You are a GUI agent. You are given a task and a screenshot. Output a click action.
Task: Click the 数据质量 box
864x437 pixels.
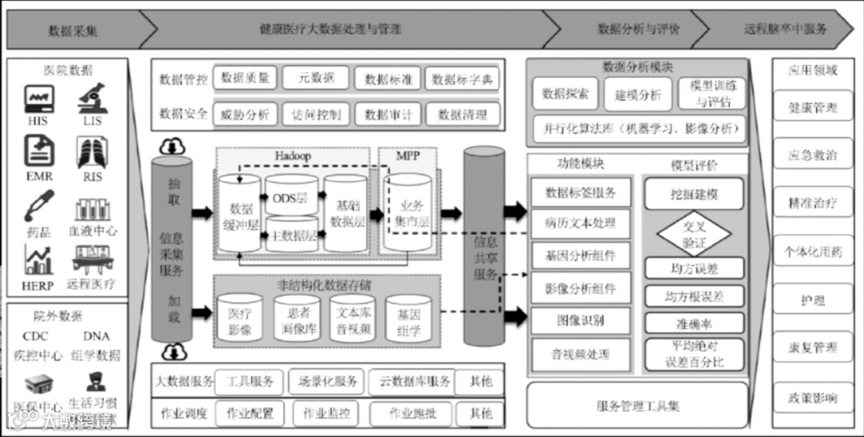click(246, 78)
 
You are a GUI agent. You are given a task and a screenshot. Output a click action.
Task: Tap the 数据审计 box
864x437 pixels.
click(387, 114)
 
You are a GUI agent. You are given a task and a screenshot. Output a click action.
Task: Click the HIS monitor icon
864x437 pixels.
click(38, 99)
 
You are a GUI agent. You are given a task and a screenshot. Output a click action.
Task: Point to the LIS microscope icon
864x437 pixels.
click(90, 99)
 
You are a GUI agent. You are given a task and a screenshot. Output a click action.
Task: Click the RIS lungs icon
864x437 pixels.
click(91, 152)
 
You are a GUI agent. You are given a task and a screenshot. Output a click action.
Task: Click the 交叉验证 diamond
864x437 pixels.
click(694, 233)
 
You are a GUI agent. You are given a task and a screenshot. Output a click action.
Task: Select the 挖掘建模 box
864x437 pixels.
click(694, 194)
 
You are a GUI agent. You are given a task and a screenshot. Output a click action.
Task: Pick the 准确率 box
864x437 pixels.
click(694, 323)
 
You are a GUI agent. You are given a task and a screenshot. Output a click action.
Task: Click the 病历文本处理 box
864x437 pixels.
click(580, 223)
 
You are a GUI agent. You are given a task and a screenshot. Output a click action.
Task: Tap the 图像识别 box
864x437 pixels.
click(580, 320)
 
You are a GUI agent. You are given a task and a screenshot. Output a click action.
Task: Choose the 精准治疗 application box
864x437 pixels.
click(812, 202)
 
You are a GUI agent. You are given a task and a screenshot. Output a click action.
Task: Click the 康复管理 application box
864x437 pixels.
click(812, 348)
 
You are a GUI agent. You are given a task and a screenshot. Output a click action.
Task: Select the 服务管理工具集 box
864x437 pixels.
click(638, 406)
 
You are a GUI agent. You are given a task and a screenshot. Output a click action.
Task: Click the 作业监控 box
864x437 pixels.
click(320, 414)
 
